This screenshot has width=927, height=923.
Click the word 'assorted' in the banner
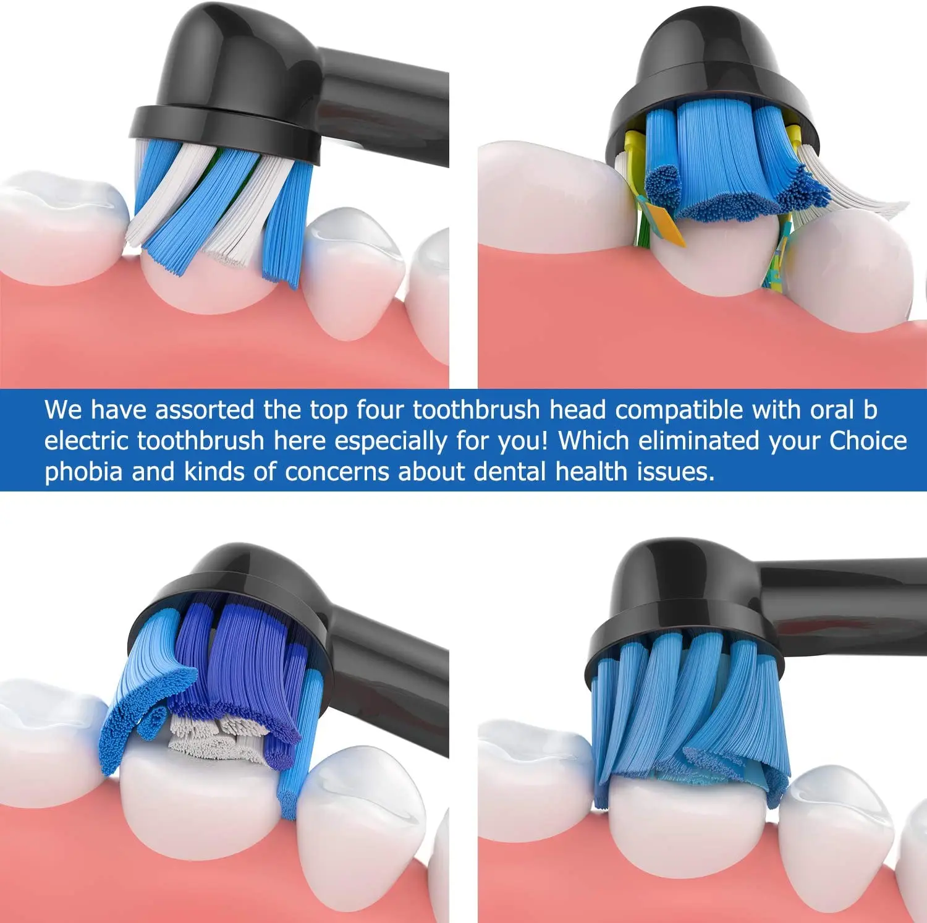(x=204, y=410)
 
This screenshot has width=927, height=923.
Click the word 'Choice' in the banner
(x=868, y=441)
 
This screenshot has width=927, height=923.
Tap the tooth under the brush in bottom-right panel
(x=686, y=828)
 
